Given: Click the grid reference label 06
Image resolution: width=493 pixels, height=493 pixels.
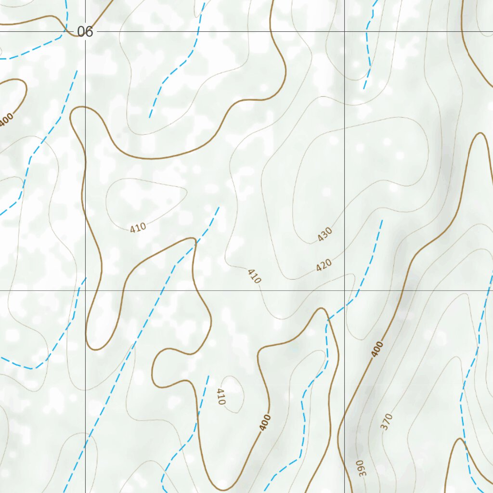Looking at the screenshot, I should coord(85,32).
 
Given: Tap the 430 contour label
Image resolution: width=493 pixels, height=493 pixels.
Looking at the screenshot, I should coord(325,234).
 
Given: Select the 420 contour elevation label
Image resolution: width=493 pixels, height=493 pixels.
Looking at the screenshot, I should coord(324,265).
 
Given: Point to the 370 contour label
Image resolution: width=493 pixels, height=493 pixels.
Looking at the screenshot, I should coord(387,421).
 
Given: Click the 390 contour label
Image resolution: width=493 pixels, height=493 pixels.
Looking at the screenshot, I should coord(361,468).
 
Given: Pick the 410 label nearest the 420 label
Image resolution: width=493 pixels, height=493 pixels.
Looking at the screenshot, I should coord(254,276).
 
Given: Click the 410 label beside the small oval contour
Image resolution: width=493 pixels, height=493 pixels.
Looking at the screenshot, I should coord(221,397).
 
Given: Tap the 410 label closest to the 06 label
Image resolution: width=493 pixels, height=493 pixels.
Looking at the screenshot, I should coord(138,228).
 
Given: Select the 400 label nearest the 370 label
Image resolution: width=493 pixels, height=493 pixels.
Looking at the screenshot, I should coord(378,349).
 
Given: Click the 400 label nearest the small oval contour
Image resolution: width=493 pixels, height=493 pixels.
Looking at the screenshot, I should coord(265,422).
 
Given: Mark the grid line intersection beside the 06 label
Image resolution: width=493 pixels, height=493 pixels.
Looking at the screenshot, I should coord(86,32).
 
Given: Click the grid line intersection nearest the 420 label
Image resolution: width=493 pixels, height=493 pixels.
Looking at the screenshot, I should coord(344,290).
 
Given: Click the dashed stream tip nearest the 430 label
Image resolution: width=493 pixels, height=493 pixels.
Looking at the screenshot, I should coord(382,221).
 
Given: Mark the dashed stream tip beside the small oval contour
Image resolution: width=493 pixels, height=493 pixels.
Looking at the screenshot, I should coord(208,376).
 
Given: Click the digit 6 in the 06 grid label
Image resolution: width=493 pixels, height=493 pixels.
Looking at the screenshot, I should coord(89,32).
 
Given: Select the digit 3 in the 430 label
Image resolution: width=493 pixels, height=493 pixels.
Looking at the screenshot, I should coord(325,234).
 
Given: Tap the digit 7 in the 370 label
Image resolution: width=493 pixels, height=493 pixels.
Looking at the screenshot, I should coord(387,421).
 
